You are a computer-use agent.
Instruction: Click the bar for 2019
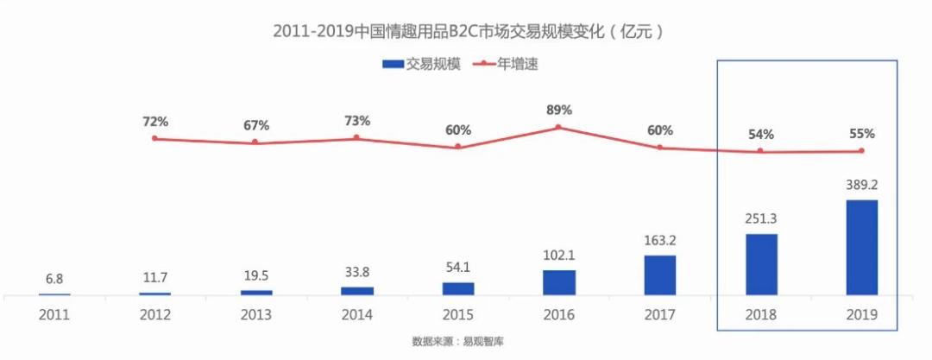click(861, 248)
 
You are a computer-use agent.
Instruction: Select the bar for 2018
click(761, 264)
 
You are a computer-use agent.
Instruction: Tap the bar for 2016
click(559, 282)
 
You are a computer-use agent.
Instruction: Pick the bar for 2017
click(660, 275)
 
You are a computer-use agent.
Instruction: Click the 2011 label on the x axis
click(54, 316)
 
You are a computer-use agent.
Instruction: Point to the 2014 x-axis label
click(357, 316)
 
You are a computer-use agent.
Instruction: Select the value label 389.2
click(861, 185)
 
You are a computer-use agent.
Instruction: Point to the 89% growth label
click(558, 110)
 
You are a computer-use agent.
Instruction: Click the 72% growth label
click(155, 121)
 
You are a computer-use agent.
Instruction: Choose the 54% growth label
click(761, 134)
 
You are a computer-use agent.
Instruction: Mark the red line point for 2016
click(558, 127)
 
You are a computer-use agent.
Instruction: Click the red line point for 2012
click(155, 138)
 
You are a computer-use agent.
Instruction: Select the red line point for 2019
click(861, 151)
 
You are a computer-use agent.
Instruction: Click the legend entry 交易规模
click(422, 64)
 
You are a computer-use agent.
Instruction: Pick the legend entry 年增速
click(505, 64)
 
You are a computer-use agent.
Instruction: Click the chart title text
click(467, 32)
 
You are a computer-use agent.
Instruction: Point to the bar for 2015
click(458, 288)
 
